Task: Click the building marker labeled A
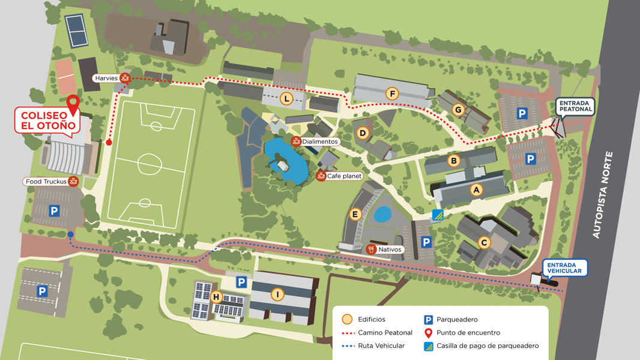pyautogui.click(x=477, y=190)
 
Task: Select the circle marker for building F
pyautogui.click(x=393, y=94)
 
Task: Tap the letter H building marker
pyautogui.click(x=216, y=296)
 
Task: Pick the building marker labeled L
pyautogui.click(x=287, y=98)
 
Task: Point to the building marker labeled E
pyautogui.click(x=355, y=214)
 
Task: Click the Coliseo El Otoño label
pyautogui.click(x=47, y=121)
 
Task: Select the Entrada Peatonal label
pyautogui.click(x=575, y=106)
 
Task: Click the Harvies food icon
pyautogui.click(x=125, y=78)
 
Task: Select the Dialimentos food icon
pyautogui.click(x=295, y=142)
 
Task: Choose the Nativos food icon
pyautogui.click(x=372, y=249)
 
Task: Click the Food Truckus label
pyautogui.click(x=46, y=181)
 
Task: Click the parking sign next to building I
pyautogui.click(x=241, y=282)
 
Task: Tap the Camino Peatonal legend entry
pyautogui.click(x=384, y=332)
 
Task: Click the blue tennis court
pyautogui.click(x=76, y=31)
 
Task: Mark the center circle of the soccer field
pyautogui.click(x=148, y=163)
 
